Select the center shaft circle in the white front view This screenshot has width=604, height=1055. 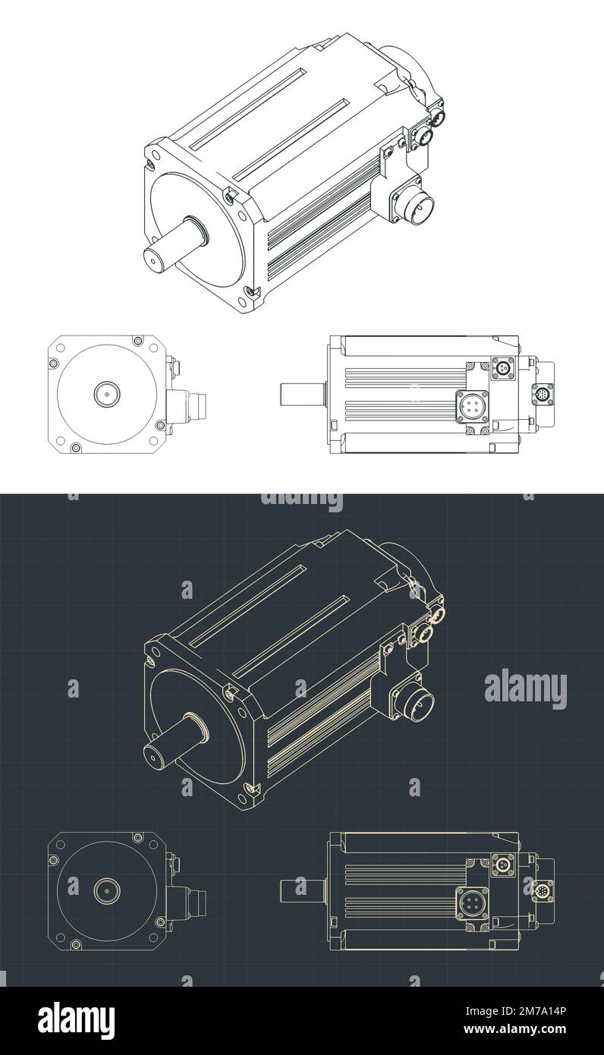click(106, 394)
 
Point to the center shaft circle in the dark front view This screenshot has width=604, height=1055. click(106, 890)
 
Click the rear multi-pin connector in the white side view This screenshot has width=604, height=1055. click(543, 395)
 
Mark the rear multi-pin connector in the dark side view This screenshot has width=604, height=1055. click(543, 891)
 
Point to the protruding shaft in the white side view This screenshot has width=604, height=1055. click(303, 395)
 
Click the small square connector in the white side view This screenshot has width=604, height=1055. click(502, 368)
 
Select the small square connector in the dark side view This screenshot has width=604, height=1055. click(502, 864)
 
